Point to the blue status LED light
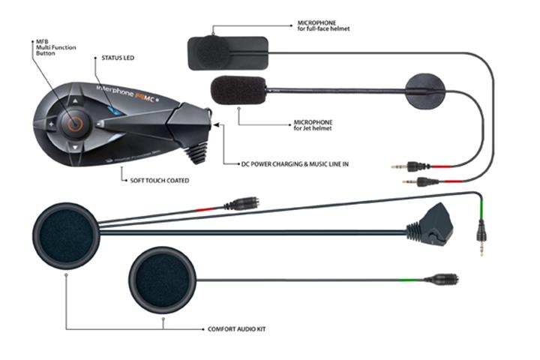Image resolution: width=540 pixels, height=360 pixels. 110,111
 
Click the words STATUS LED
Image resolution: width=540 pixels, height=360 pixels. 118,57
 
